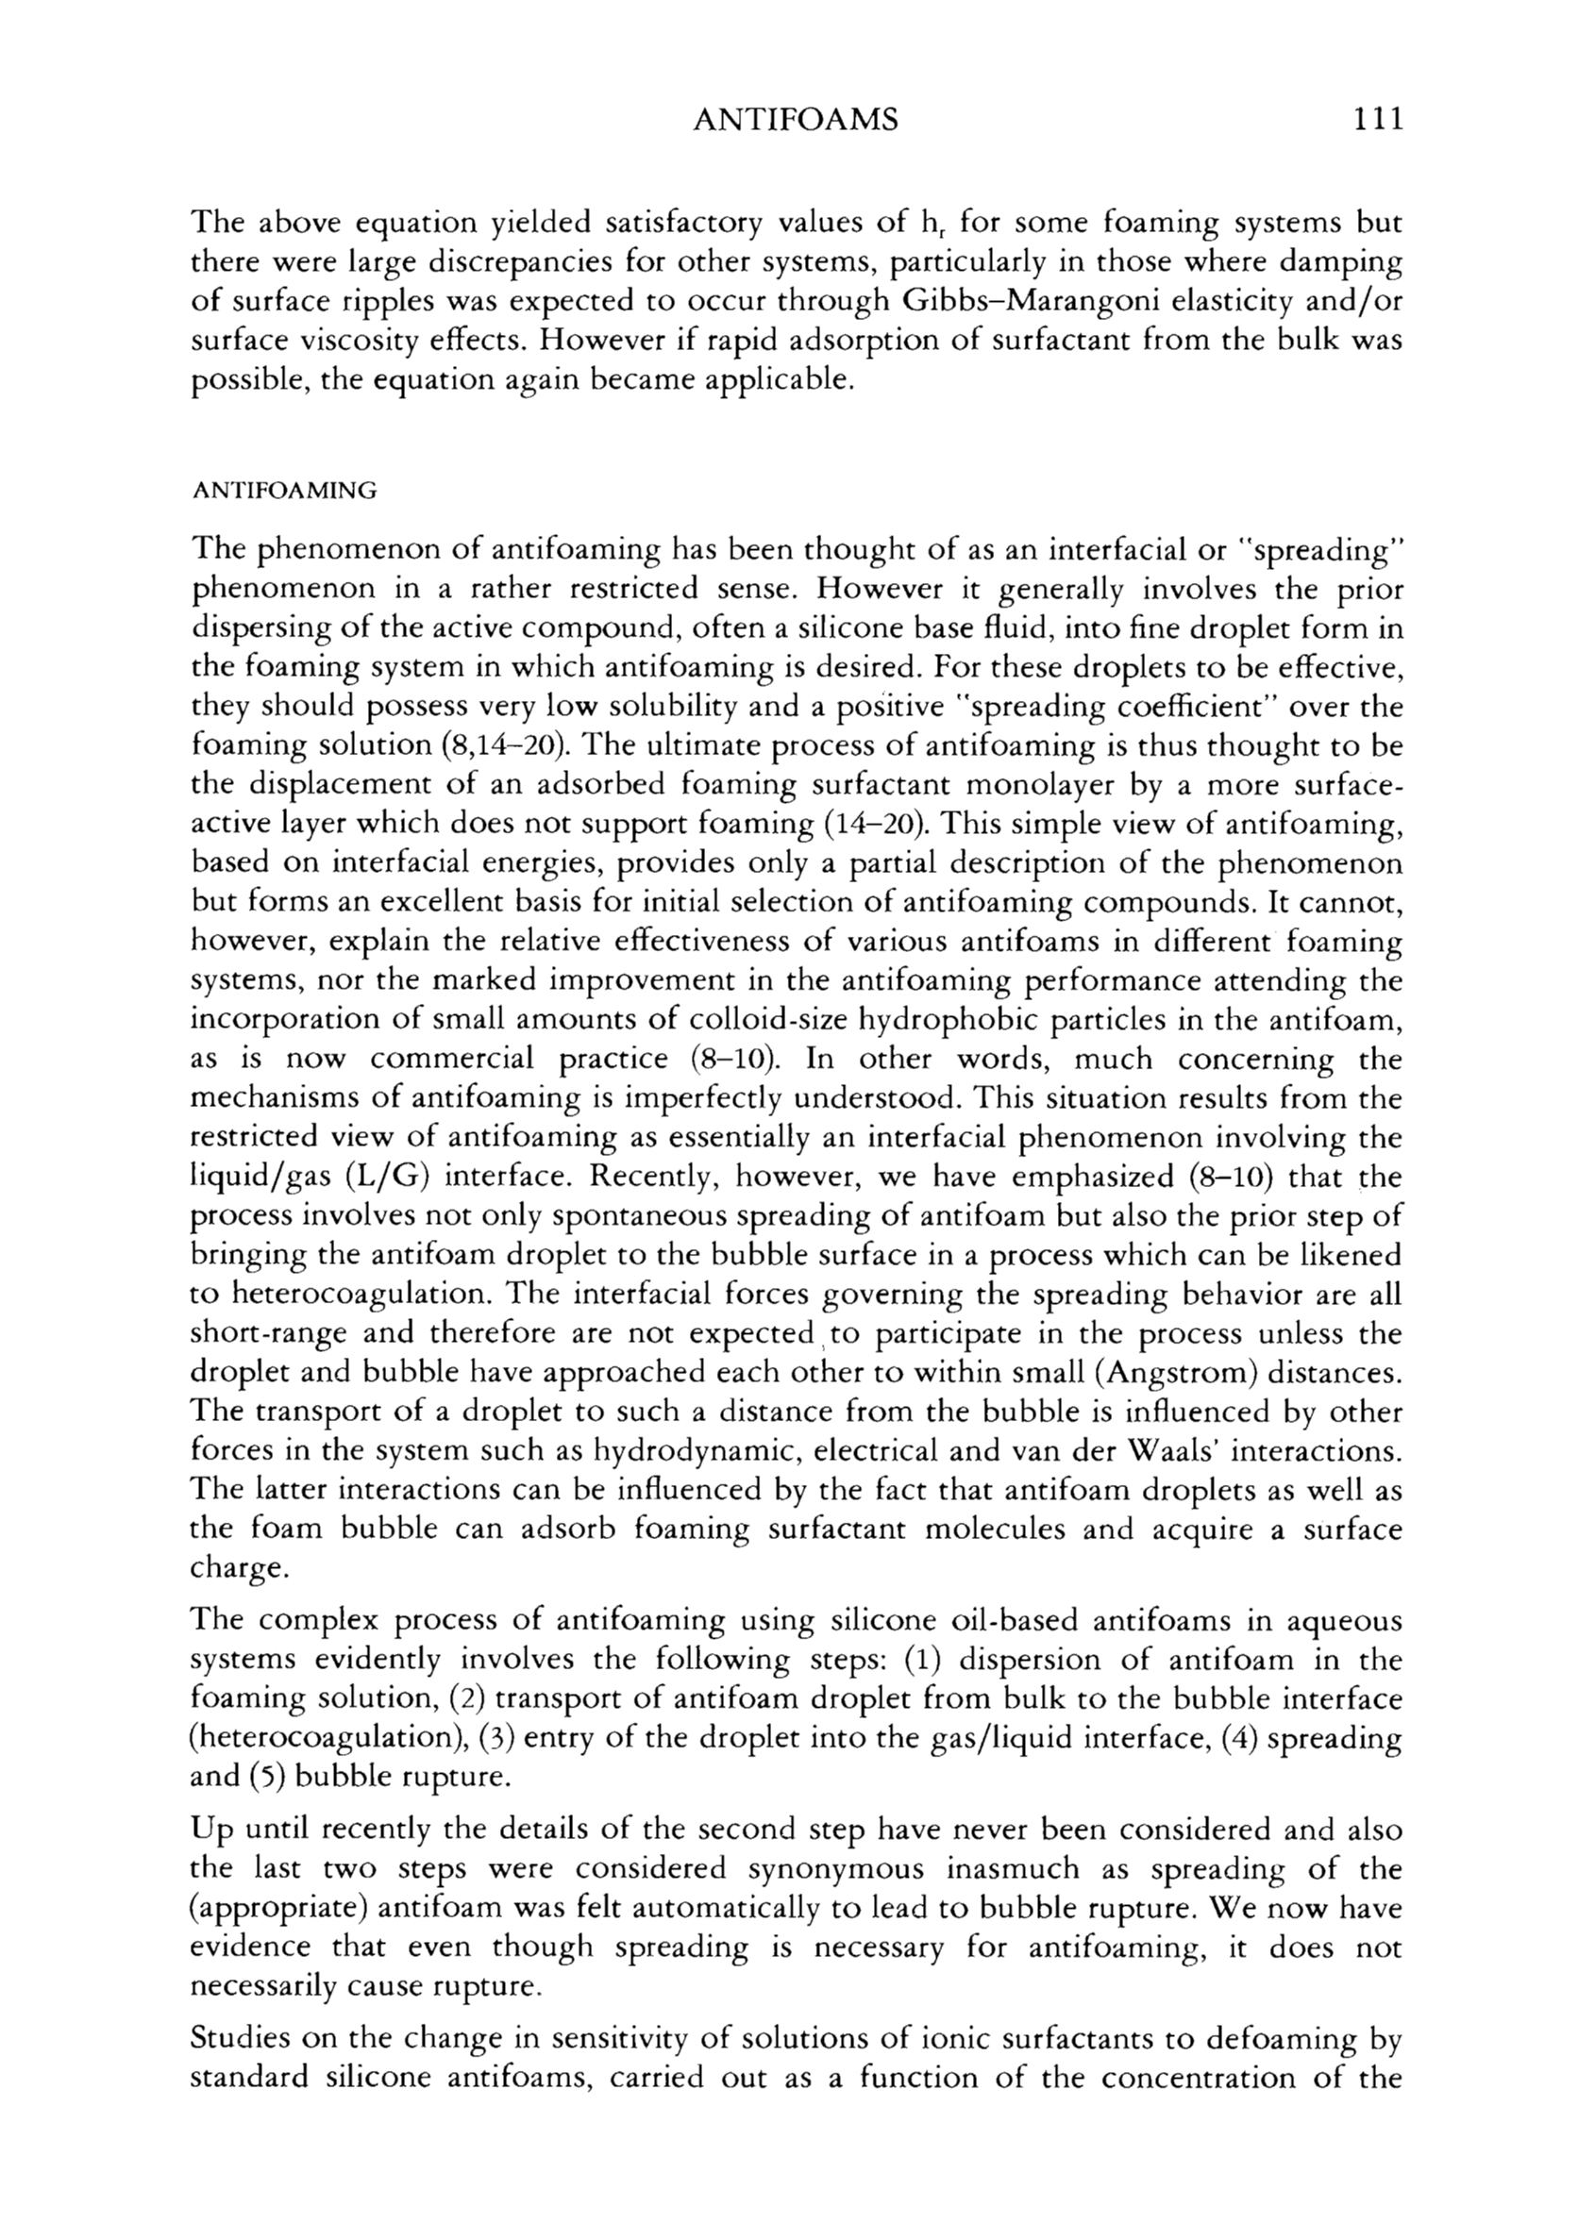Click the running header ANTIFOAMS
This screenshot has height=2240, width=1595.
click(796, 120)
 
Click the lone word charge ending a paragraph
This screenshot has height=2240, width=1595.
click(238, 1568)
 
